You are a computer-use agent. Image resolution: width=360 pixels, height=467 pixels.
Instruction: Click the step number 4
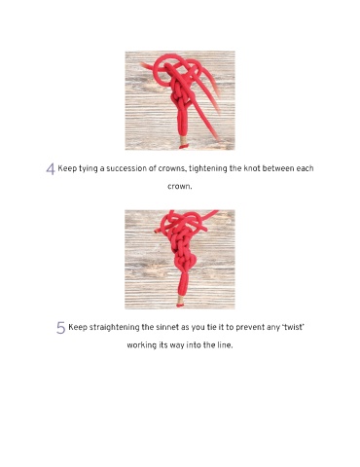(51, 169)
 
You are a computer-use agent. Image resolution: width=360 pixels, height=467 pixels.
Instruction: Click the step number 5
(60, 328)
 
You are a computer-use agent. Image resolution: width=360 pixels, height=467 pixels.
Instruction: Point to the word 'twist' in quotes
(294, 327)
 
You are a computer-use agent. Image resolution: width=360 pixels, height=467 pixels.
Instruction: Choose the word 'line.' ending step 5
(225, 345)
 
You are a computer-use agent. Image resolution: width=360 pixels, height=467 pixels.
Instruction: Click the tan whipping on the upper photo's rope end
(184, 142)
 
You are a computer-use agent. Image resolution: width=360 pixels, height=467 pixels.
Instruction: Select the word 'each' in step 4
(305, 168)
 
